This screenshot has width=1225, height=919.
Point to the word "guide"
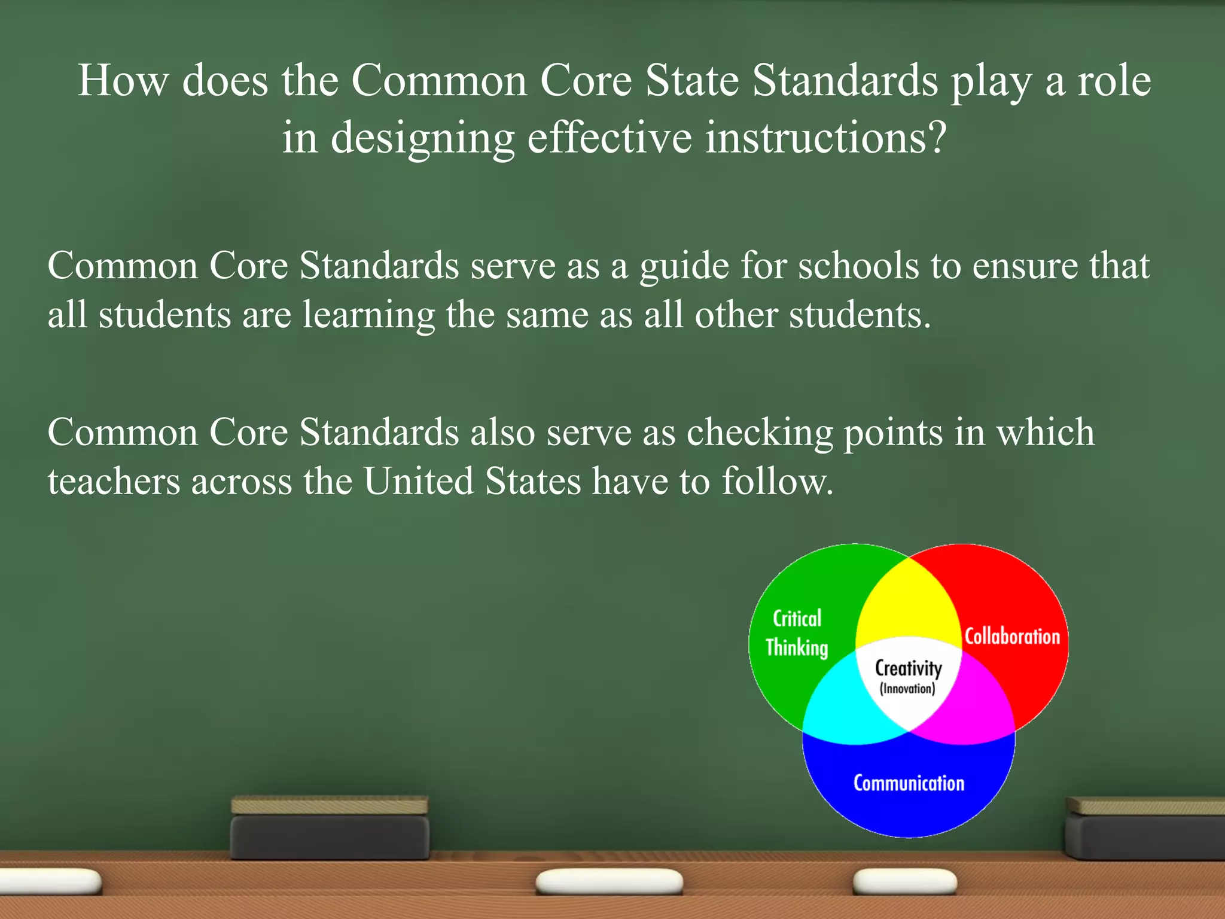coord(684,267)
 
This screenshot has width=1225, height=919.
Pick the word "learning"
coord(368,316)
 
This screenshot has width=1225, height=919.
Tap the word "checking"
coord(760,433)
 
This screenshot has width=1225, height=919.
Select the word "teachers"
coord(114,481)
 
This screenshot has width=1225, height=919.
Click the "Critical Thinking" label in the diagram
coord(797,633)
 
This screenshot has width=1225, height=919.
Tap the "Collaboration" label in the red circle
coord(1012,636)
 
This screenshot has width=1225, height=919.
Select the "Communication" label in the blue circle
coord(909,783)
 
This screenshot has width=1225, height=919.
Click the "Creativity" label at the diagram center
coord(908,668)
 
